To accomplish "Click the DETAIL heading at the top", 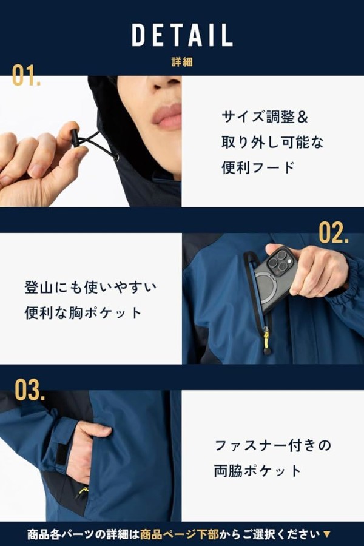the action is click(x=182, y=35).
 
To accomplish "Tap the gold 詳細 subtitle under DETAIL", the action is click(x=182, y=62).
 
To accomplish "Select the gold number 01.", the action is click(x=26, y=75).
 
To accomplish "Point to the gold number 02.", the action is click(x=333, y=232).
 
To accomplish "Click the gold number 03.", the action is click(x=30, y=389).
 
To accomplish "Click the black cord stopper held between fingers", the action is click(x=74, y=138).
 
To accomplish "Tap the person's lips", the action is click(x=168, y=116).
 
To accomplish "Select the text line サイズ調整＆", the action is click(x=265, y=117).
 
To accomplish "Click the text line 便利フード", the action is click(x=258, y=167).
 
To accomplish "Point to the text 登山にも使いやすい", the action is click(x=90, y=288).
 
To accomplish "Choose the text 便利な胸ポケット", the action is click(x=83, y=312).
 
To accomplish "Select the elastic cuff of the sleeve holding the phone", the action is click(x=352, y=278).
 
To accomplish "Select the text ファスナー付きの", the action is click(x=272, y=445).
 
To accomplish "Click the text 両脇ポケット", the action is click(x=257, y=471).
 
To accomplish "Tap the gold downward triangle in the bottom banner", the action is click(x=327, y=534).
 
